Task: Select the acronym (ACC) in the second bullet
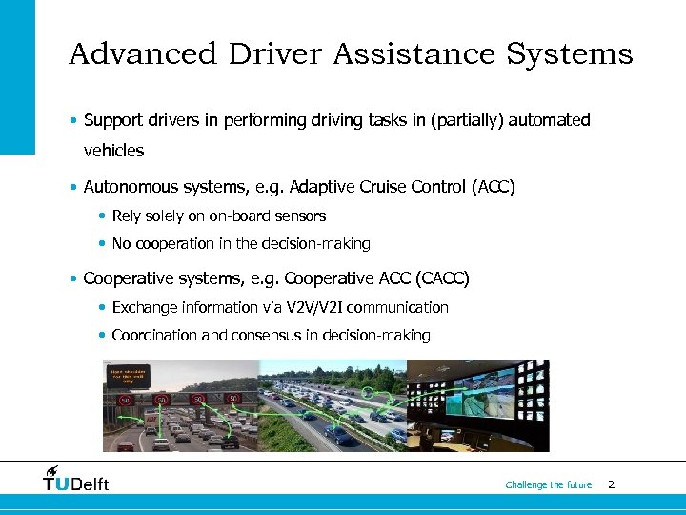click(493, 187)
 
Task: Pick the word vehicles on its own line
click(113, 151)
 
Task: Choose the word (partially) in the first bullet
click(465, 120)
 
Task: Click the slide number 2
click(611, 484)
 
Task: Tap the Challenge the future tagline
click(548, 484)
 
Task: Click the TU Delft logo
click(76, 480)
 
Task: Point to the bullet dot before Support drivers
click(74, 121)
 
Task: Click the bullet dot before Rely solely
click(103, 217)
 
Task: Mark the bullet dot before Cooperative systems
click(74, 279)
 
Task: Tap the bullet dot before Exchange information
click(103, 308)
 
